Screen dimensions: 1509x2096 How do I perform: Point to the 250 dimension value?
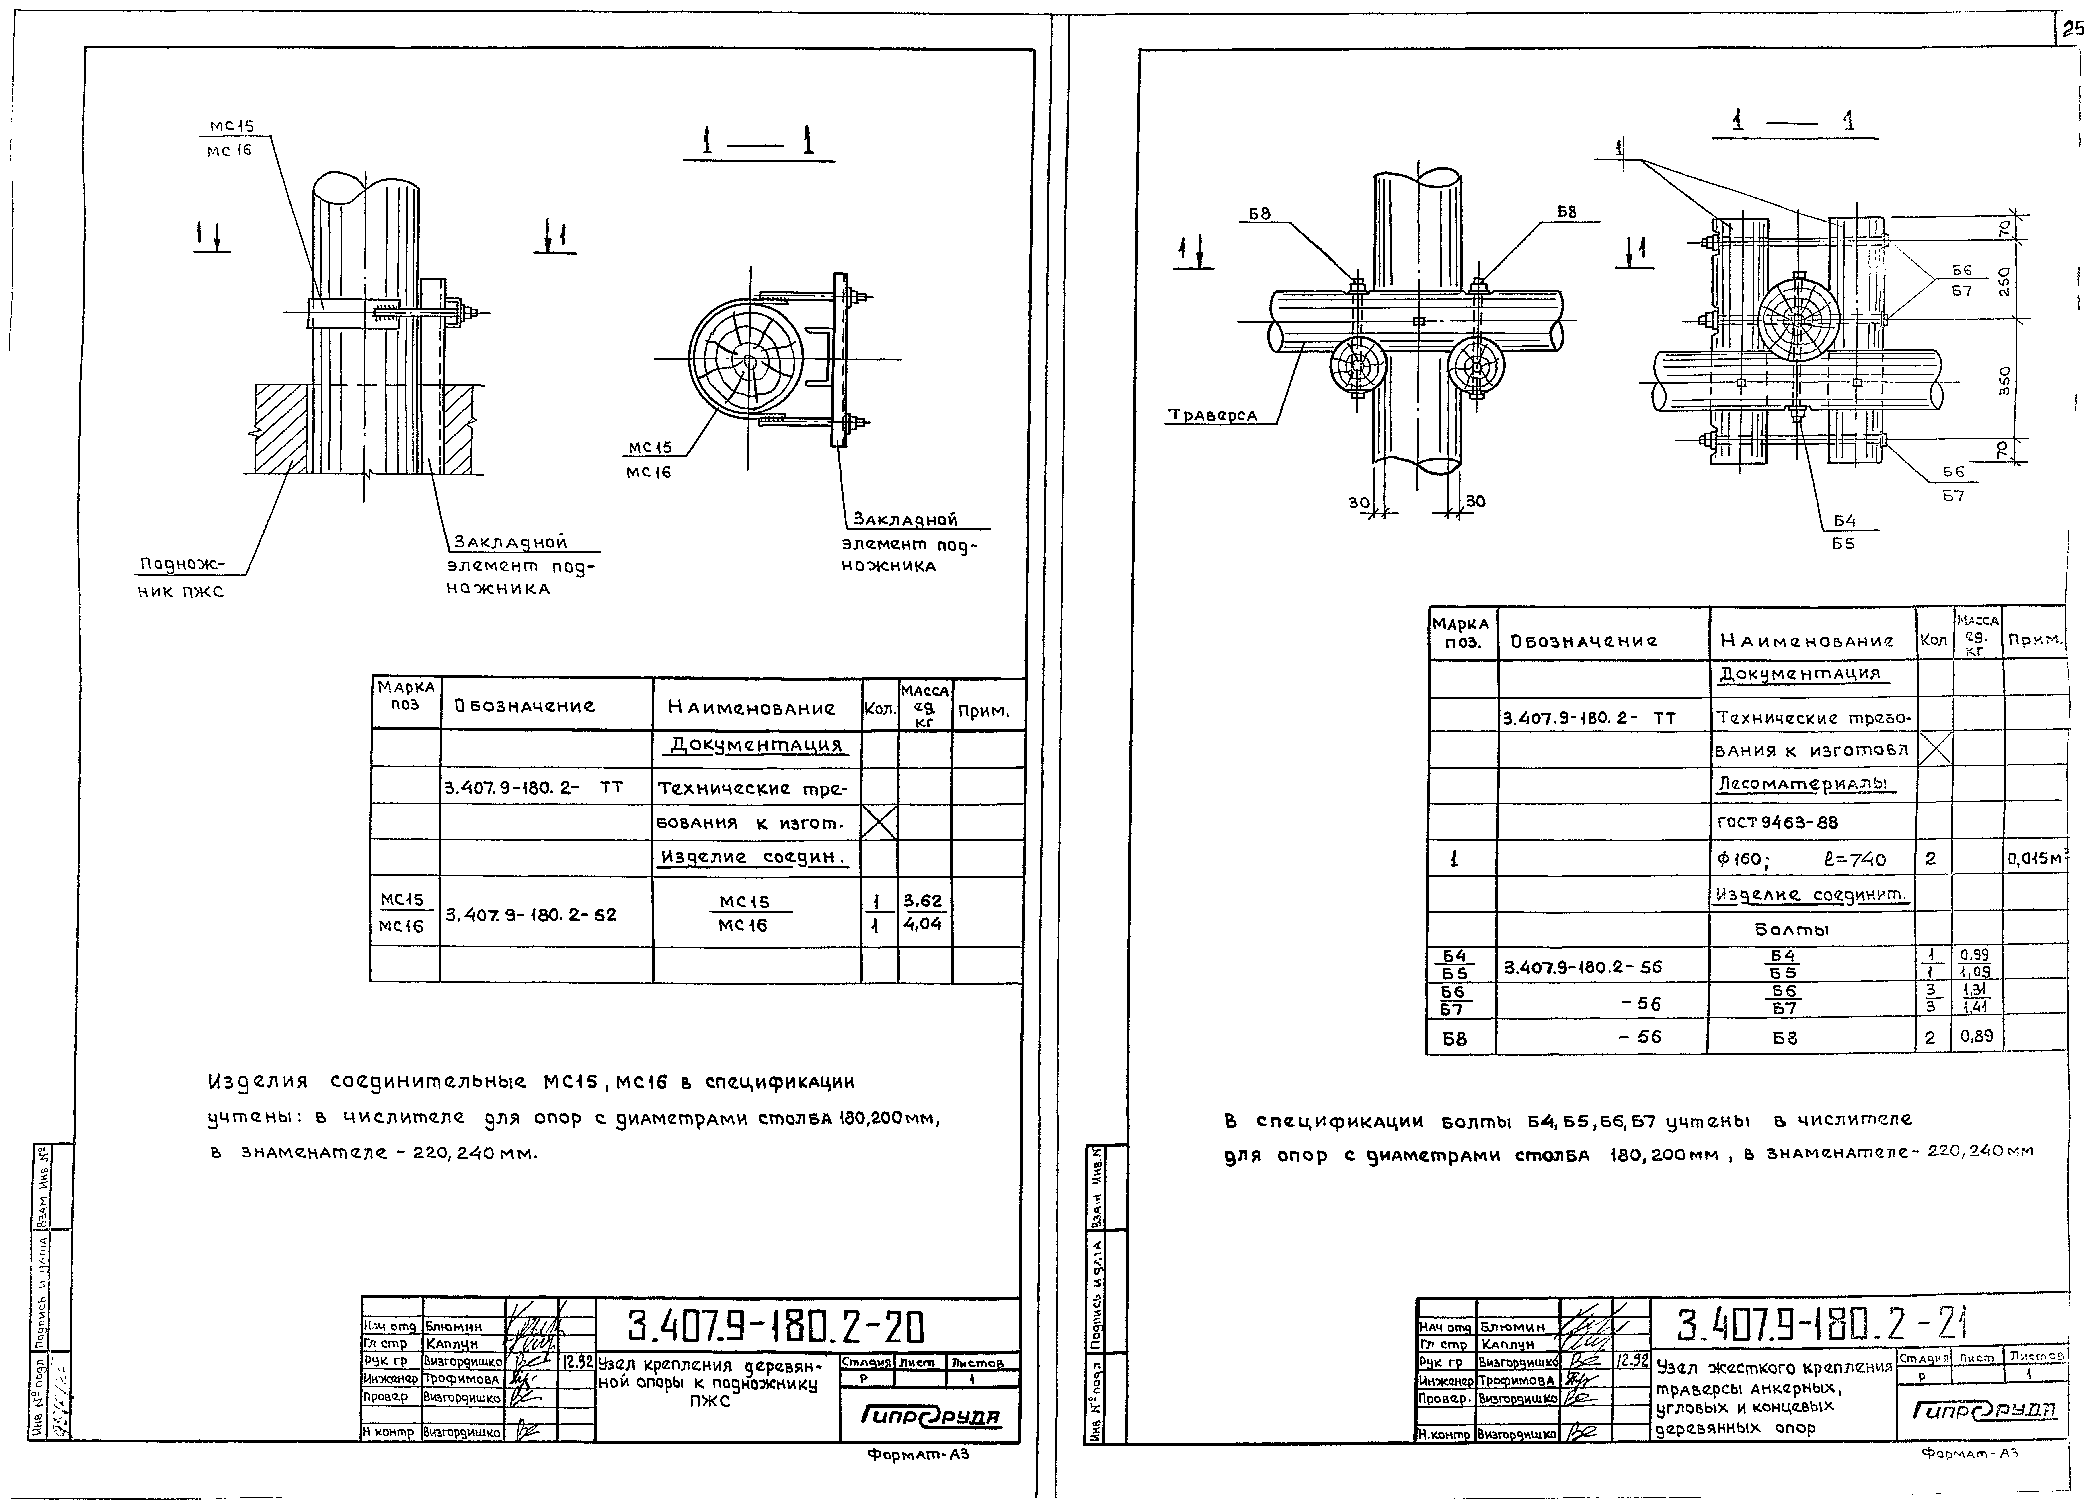click(2004, 280)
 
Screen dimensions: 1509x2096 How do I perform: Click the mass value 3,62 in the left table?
click(922, 901)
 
